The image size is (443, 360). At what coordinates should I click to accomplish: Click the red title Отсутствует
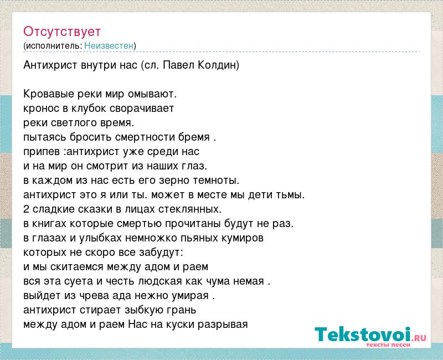point(62,32)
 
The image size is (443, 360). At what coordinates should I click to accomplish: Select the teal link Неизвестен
point(109,45)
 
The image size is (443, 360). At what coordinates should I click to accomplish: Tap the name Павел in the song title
point(179,65)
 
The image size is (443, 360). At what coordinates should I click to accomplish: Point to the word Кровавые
point(49,94)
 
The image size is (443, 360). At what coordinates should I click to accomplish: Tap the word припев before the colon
point(42,152)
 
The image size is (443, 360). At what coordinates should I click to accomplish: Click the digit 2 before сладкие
point(26,209)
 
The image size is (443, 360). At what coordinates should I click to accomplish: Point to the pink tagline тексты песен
point(388,344)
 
